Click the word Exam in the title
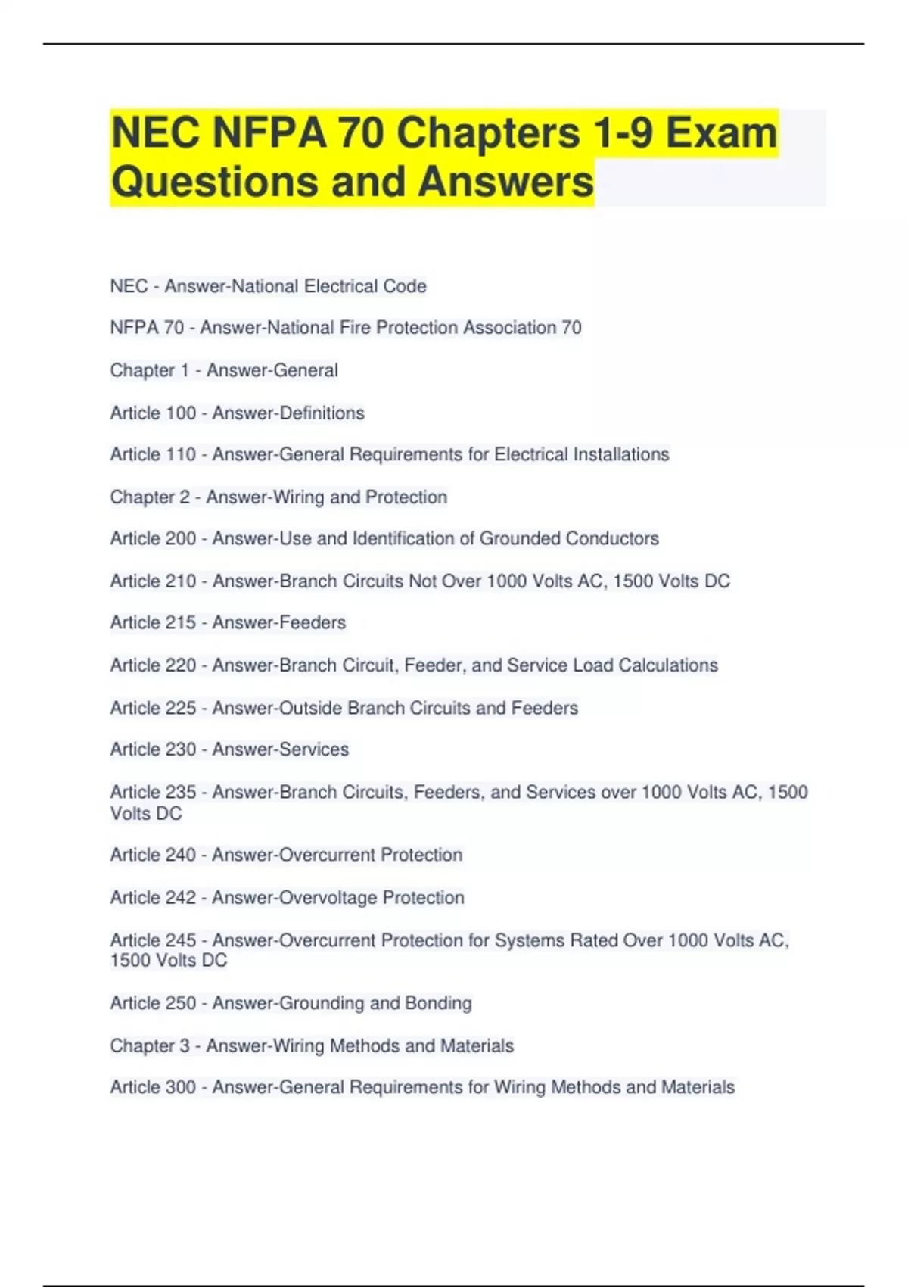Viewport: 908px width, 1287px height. (721, 133)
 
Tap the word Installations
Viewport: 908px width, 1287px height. (620, 454)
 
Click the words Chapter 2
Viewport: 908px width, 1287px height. (150, 497)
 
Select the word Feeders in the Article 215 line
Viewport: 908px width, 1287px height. (313, 622)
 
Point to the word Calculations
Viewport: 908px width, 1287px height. (667, 665)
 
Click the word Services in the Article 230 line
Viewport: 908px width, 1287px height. (314, 749)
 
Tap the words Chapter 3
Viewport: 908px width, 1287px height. (150, 1046)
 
